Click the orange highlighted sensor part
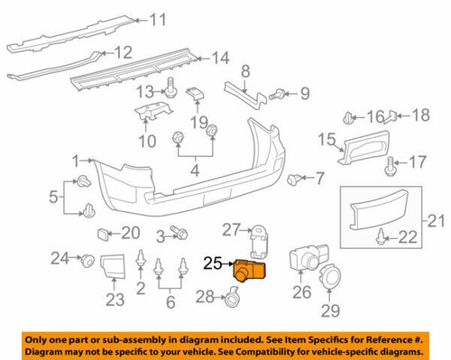click(250, 270)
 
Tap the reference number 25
click(213, 264)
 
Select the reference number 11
click(158, 19)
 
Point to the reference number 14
click(220, 59)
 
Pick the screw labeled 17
click(392, 166)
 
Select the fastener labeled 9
click(282, 92)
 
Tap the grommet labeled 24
click(88, 262)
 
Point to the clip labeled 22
click(382, 238)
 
